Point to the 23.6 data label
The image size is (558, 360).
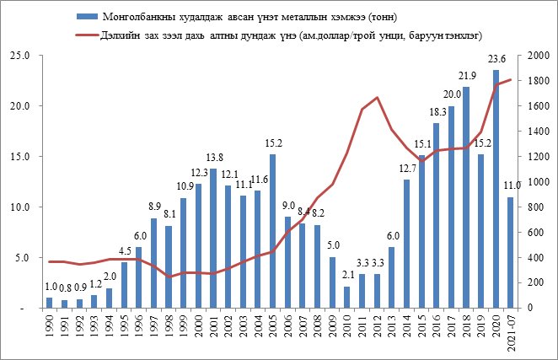pos(496,60)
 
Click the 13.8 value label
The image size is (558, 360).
pos(214,159)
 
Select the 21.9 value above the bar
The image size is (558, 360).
pos(465,77)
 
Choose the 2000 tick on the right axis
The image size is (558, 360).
pos(539,56)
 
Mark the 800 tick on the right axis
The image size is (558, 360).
pos(536,207)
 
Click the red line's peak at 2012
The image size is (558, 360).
pos(377,98)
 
